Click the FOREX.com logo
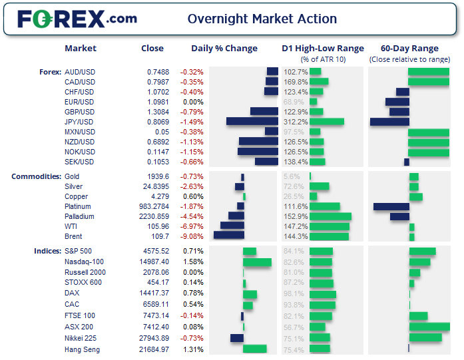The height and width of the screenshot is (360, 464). [77, 19]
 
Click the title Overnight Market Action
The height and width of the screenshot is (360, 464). [262, 19]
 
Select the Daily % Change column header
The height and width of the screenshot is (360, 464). [224, 49]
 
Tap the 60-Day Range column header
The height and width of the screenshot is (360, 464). [409, 49]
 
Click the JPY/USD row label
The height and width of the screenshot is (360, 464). [79, 122]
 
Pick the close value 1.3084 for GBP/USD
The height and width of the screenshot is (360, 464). [158, 112]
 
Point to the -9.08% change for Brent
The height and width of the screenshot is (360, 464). [192, 236]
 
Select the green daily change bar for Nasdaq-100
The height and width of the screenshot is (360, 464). [257, 262]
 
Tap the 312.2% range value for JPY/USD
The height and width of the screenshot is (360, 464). [295, 122]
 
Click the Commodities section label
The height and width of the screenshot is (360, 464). [37, 176]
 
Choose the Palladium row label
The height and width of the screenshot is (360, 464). [81, 216]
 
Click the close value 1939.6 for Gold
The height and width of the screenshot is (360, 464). [158, 176]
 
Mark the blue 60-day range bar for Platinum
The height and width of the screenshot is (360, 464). [391, 206]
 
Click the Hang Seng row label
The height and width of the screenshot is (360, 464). [82, 349]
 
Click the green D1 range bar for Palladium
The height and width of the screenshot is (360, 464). [330, 216]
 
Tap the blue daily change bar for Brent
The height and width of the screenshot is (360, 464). [228, 236]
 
